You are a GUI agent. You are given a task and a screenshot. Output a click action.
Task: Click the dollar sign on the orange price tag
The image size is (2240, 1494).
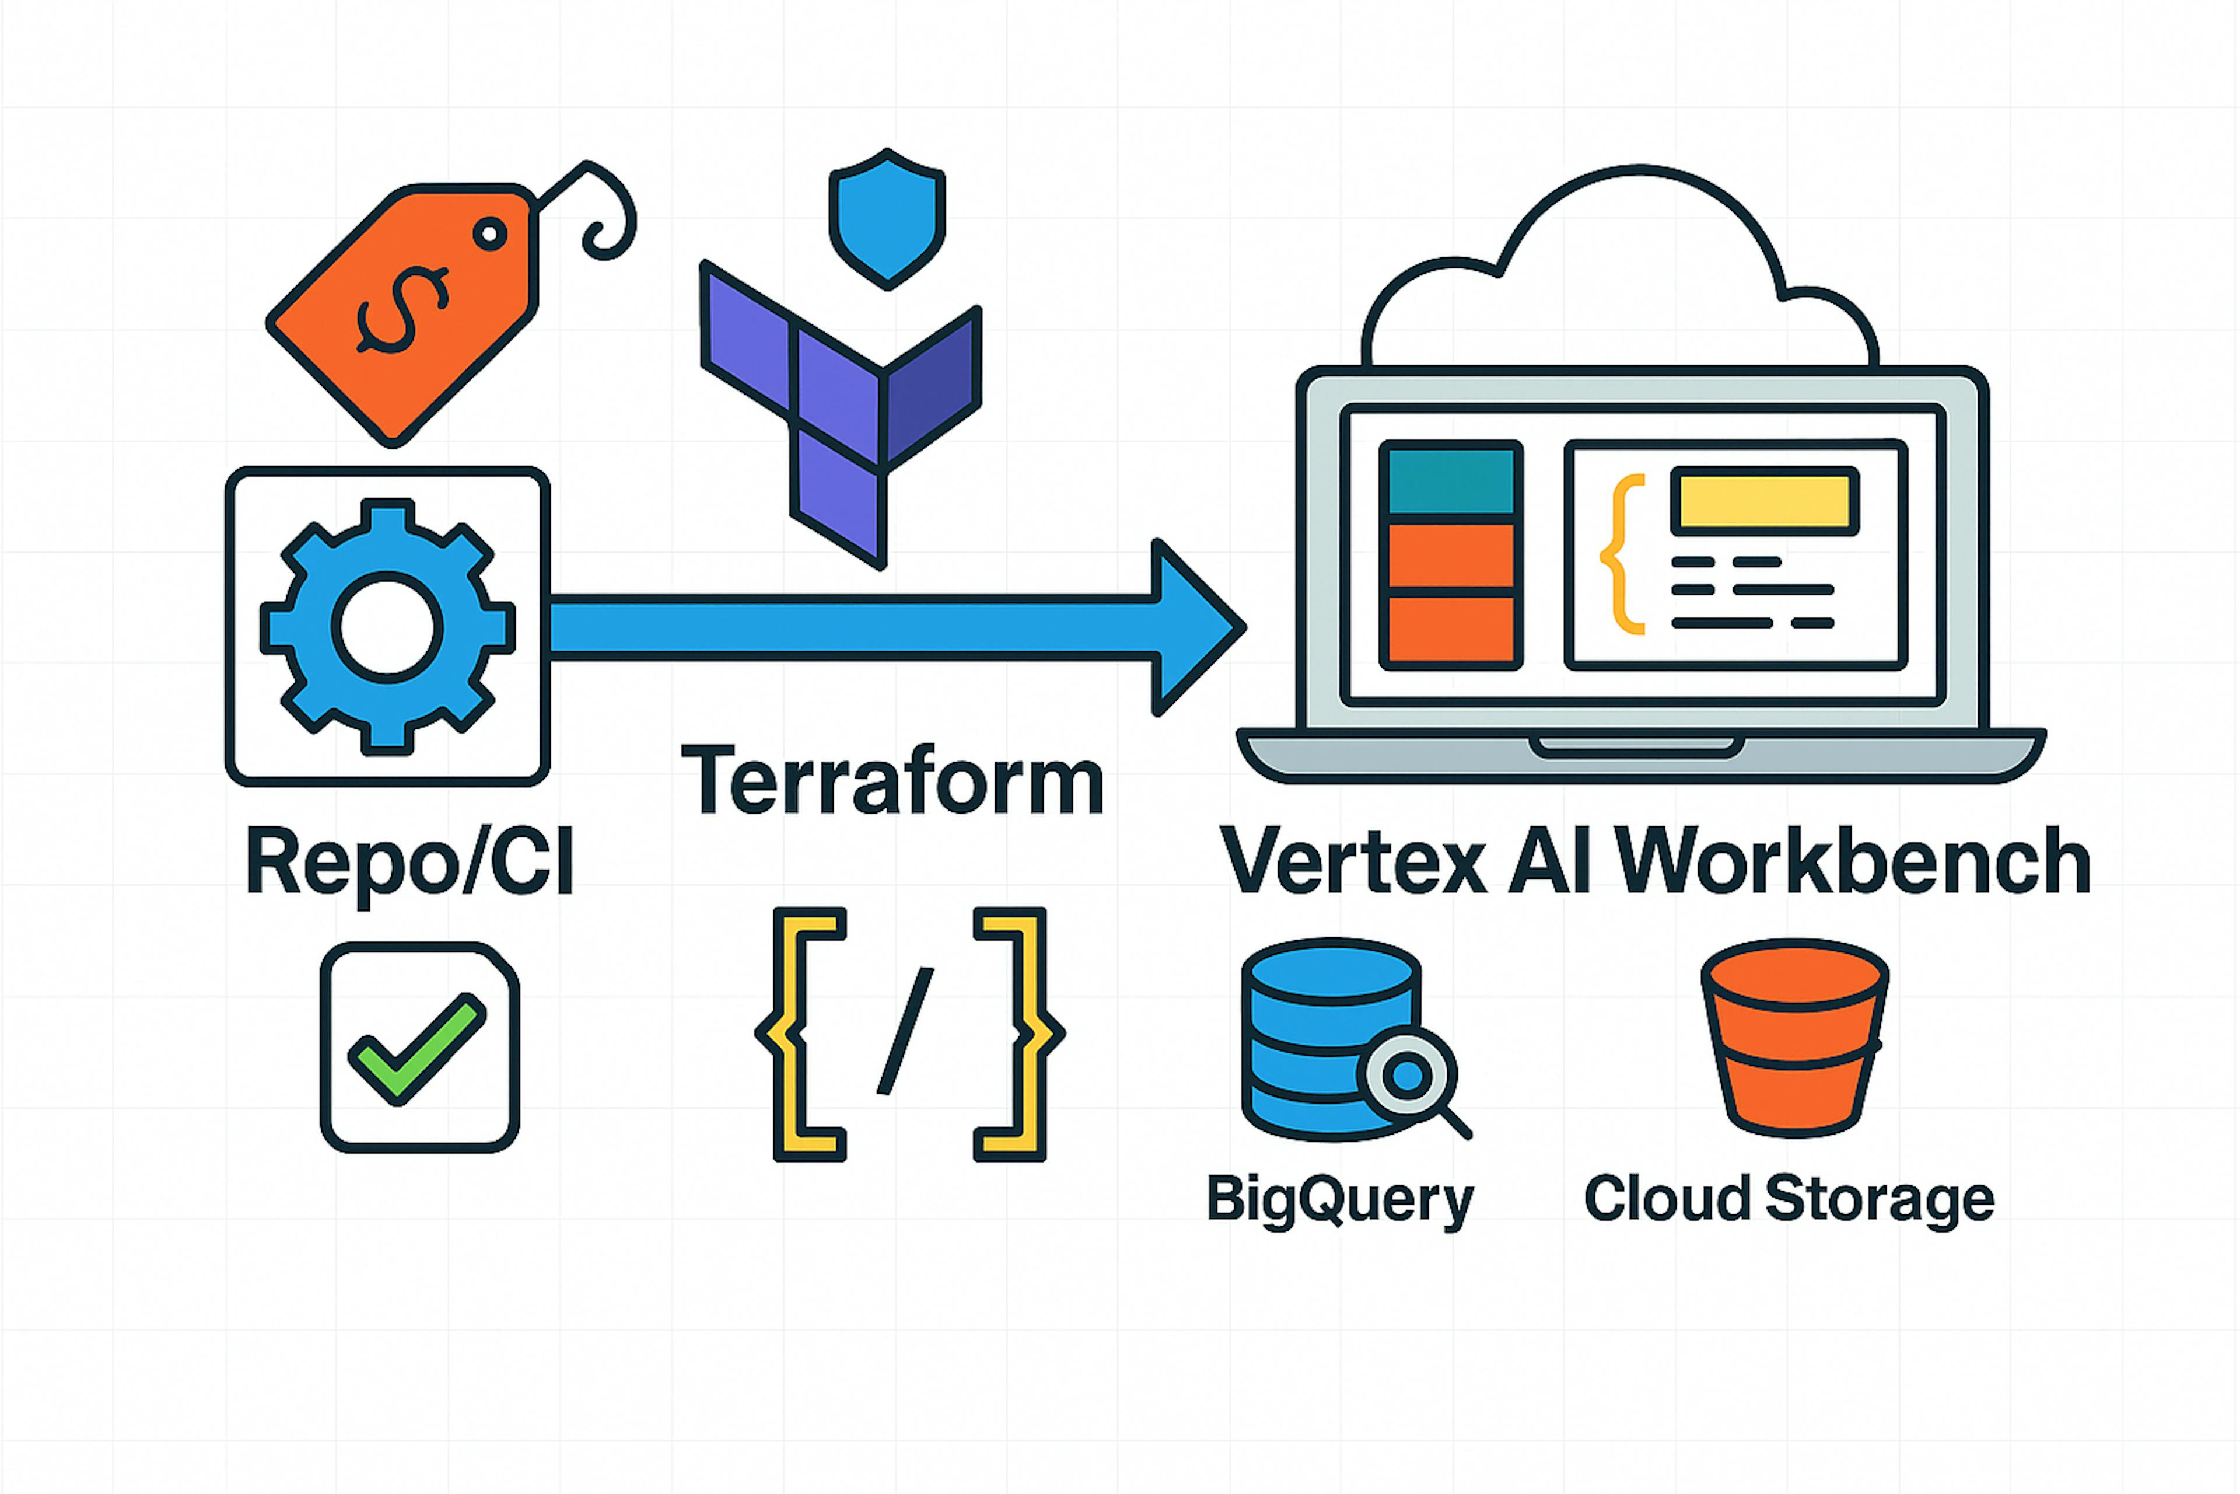tap(401, 310)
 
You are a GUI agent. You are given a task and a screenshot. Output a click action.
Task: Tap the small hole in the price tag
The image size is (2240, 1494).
tap(489, 233)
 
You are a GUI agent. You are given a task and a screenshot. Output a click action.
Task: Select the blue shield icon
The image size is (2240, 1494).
tap(887, 219)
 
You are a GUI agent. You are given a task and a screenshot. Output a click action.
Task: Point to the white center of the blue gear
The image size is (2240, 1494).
tap(387, 627)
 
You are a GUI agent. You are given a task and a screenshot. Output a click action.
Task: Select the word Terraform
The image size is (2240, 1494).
tap(892, 781)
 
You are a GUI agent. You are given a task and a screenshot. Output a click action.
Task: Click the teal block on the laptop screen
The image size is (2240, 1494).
tap(1451, 481)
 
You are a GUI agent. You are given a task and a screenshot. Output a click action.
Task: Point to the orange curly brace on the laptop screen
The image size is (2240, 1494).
tap(1621, 554)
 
